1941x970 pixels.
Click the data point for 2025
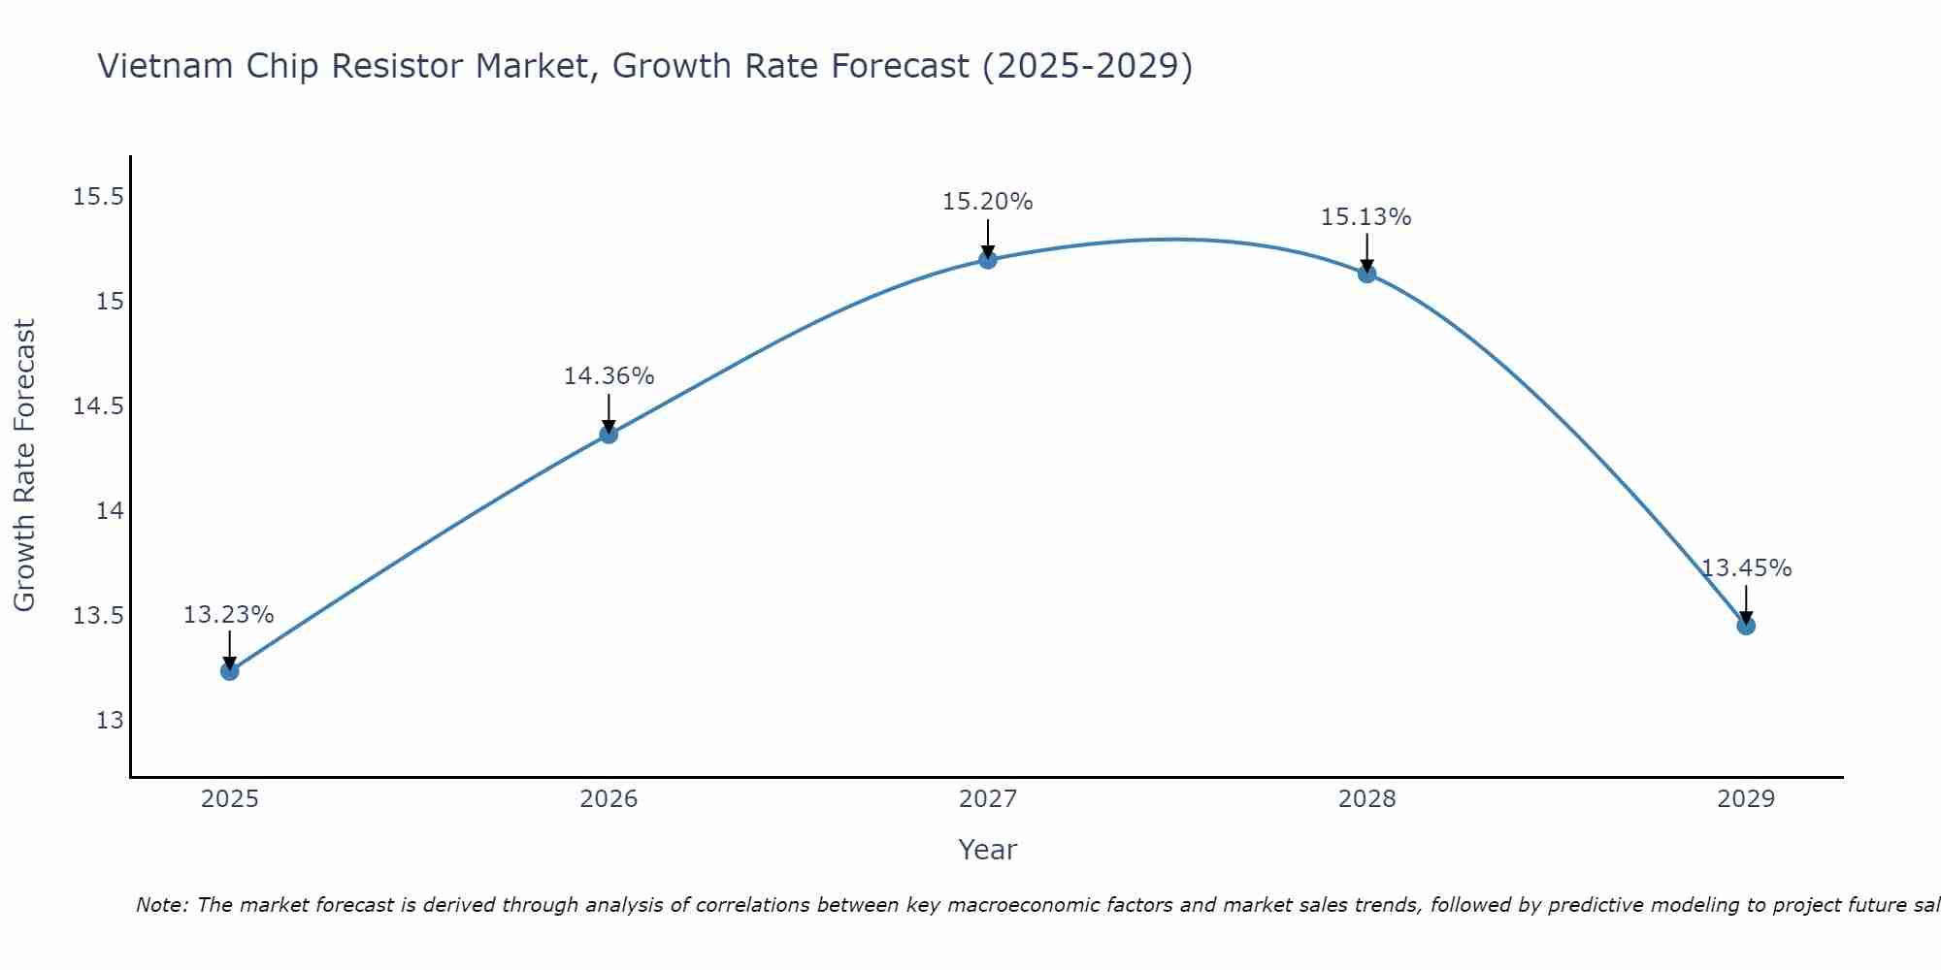(x=230, y=671)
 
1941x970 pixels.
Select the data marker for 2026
(x=609, y=434)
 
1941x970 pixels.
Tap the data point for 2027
(x=988, y=259)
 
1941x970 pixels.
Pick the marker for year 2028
(x=1366, y=274)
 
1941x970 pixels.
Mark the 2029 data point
(x=1746, y=626)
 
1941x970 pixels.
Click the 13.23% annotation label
(x=229, y=615)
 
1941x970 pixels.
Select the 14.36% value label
(x=609, y=376)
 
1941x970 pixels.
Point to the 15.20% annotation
(x=988, y=202)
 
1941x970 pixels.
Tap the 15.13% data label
(x=1365, y=217)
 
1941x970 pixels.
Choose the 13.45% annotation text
(x=1746, y=568)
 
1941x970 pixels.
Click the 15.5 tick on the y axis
(x=98, y=197)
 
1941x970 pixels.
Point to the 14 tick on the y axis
(x=110, y=511)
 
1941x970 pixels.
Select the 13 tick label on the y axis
(x=110, y=721)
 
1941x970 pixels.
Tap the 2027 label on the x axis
(x=988, y=799)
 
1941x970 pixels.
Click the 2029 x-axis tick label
(x=1746, y=799)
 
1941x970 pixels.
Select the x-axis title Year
(x=987, y=850)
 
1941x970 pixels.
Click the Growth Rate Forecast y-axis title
(x=24, y=465)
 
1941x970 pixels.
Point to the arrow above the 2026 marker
(x=609, y=412)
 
